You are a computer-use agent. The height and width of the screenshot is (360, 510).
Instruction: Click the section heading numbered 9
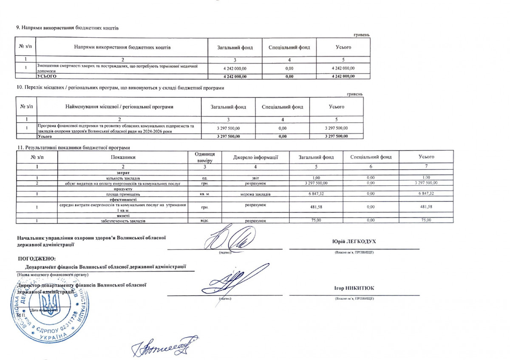tap(67, 28)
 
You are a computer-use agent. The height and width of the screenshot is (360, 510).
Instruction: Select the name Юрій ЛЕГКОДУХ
tap(354, 242)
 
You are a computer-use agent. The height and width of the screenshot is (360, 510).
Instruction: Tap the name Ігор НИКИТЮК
tap(354, 288)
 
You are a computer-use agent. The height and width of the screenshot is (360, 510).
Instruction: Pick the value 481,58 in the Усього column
tap(426, 207)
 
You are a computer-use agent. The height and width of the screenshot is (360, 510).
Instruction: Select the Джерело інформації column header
tap(255, 157)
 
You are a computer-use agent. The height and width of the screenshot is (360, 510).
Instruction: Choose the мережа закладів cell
tap(255, 194)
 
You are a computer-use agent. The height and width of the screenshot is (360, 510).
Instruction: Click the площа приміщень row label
tap(123, 194)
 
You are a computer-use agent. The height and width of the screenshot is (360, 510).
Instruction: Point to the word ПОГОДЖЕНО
tap(37, 258)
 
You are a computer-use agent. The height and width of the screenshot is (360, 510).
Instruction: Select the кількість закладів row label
tap(123, 178)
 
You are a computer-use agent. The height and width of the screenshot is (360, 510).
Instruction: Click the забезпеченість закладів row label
tap(123, 221)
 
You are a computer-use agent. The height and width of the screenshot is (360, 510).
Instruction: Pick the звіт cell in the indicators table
tap(255, 178)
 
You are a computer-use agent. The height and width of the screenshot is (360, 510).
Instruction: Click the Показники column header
tap(123, 157)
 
